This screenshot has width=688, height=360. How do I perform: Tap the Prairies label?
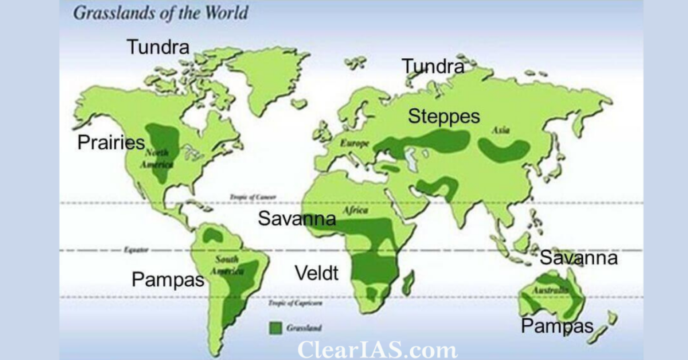[112, 142]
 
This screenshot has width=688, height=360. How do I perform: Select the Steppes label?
[444, 116]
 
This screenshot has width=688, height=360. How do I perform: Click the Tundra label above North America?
[158, 47]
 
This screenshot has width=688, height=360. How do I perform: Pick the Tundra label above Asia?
[433, 66]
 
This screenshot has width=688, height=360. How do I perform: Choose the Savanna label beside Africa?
[297, 218]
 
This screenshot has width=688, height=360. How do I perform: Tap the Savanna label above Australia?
[578, 258]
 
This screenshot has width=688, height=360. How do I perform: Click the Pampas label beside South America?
[168, 279]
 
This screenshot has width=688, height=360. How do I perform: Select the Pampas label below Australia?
[558, 326]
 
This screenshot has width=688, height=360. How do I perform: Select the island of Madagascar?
[406, 282]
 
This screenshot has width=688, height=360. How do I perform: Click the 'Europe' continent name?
[355, 143]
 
